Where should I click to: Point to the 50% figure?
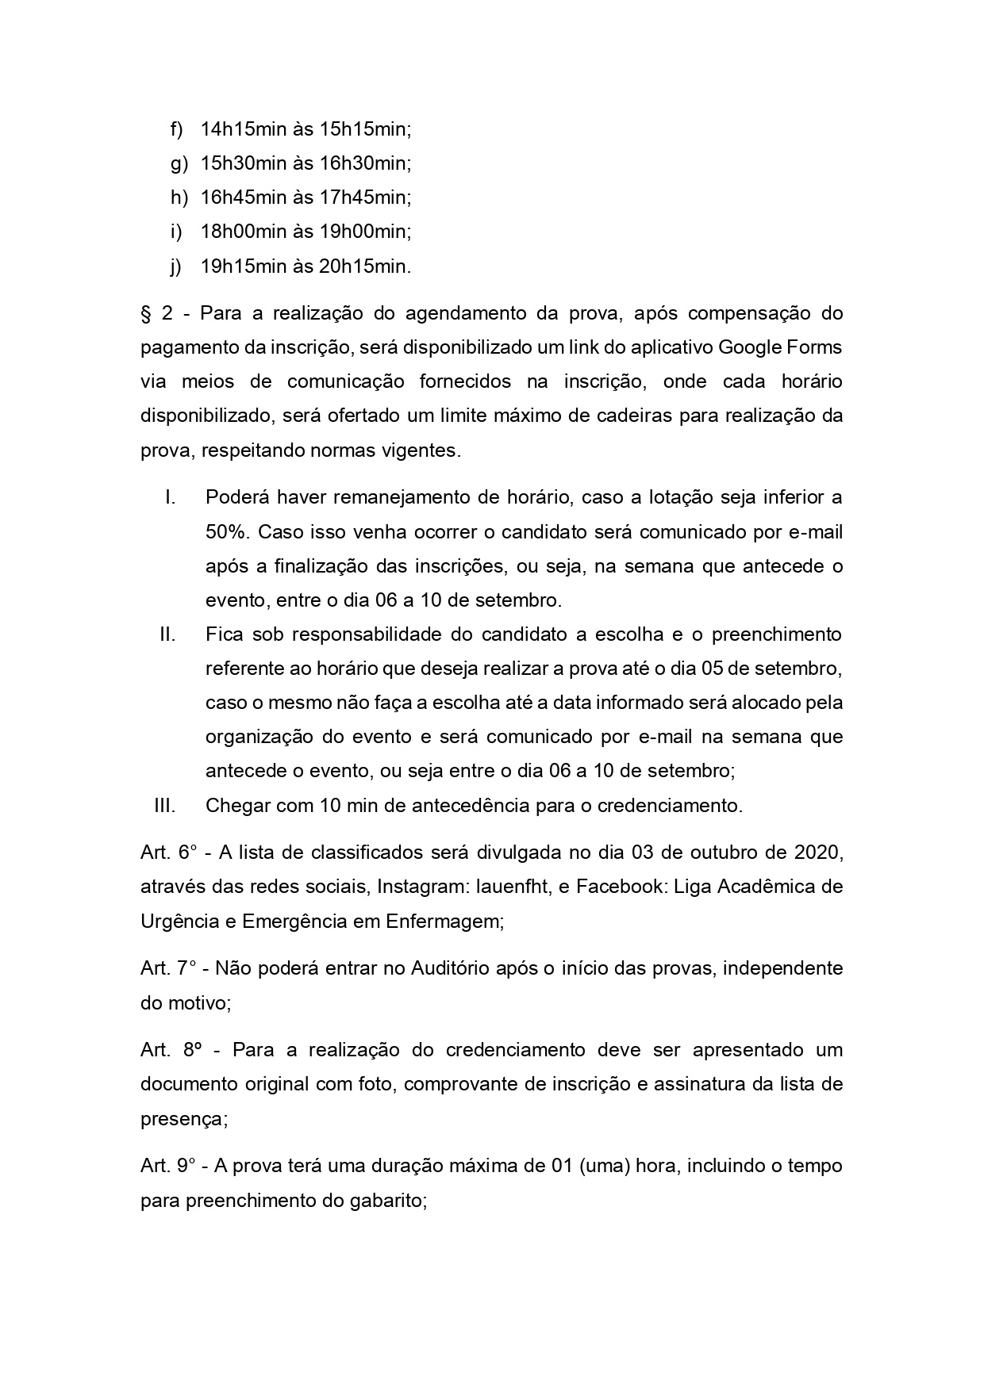point(226,531)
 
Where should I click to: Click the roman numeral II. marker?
point(167,634)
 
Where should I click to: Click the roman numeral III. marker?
point(164,806)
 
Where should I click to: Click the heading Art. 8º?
point(170,1050)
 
